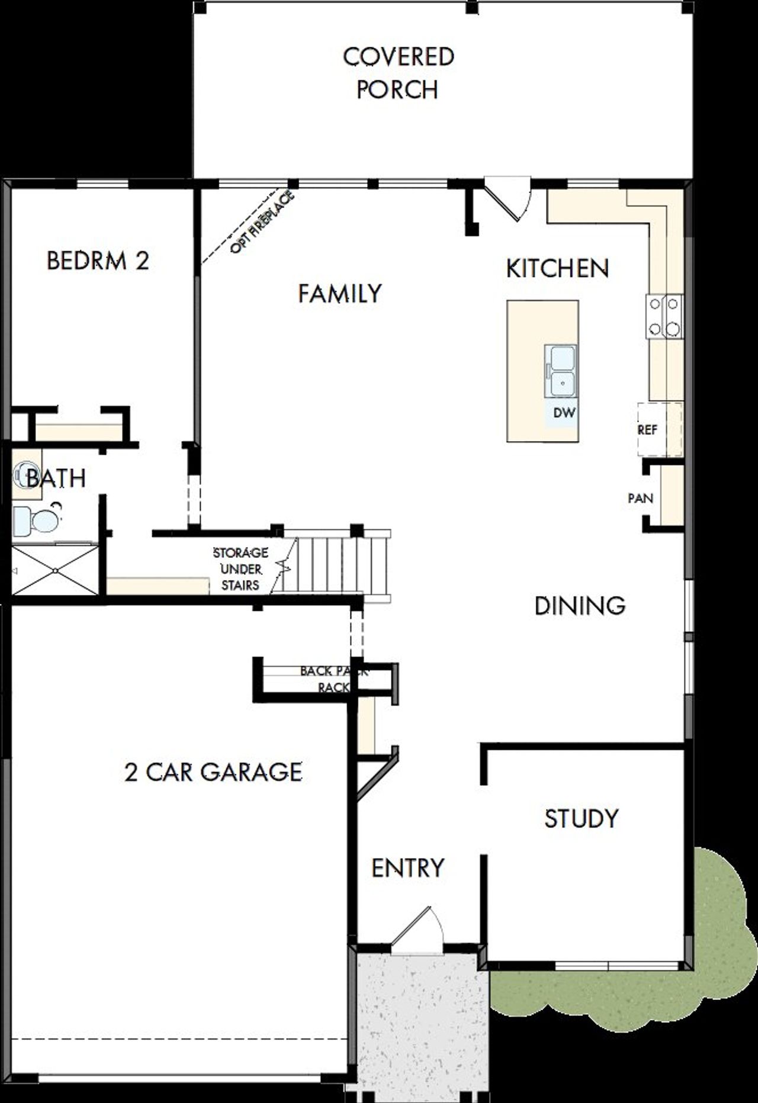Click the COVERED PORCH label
[398, 73]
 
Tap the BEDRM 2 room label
[98, 261]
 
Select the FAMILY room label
[339, 294]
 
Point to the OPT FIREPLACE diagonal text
[262, 223]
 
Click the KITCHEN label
[557, 268]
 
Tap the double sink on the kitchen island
[561, 371]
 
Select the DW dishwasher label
[563, 413]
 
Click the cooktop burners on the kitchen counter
[664, 316]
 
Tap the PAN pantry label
[640, 498]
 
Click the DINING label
[579, 606]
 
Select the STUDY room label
[581, 818]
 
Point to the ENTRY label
[407, 868]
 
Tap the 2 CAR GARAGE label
[213, 772]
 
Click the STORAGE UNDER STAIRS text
[240, 568]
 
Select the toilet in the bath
[36, 520]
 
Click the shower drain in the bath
[54, 571]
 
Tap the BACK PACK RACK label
[334, 679]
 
